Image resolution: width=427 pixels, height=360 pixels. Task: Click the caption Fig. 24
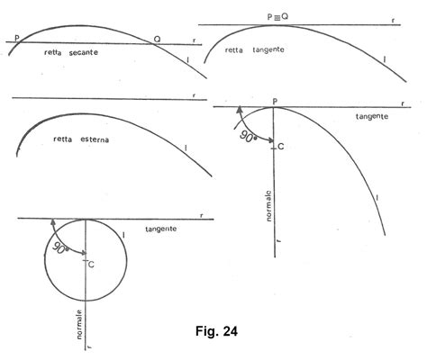pos(216,331)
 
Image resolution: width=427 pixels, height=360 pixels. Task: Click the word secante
pos(84,52)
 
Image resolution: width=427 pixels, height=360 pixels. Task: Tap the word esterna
pos(95,139)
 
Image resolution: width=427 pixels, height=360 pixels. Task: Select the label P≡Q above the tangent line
pos(277,17)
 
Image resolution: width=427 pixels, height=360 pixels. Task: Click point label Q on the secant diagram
pos(157,39)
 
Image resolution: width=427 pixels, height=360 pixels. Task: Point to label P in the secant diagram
pos(17,38)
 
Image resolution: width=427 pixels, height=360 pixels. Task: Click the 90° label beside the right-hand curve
pos(249,138)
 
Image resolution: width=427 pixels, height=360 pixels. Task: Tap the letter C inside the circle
pos(91,265)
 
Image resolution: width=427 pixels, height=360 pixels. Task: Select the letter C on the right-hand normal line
pos(281,147)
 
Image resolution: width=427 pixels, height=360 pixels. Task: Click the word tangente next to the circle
pos(161,229)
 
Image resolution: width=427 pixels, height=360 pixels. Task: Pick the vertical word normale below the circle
pos(79,324)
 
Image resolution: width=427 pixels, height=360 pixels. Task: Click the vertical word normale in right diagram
pos(268,206)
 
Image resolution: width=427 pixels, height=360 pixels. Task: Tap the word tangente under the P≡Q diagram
pos(268,49)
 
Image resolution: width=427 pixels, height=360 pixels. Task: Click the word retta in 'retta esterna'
pos(62,139)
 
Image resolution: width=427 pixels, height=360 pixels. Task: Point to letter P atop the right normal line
pos(275,102)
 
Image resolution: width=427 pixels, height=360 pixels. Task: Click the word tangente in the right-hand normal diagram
pos(372,116)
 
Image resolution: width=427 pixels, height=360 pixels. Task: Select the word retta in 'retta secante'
pos(53,52)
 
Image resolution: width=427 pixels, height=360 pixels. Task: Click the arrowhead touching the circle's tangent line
pos(53,222)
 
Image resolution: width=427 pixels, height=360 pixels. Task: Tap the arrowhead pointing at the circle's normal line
pos(83,253)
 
